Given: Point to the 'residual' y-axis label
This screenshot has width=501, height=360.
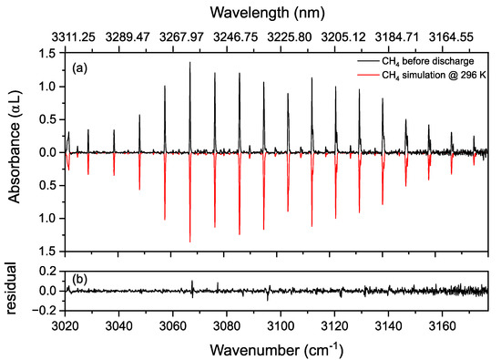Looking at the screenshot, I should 13,291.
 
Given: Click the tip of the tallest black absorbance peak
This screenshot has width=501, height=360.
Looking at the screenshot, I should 190,63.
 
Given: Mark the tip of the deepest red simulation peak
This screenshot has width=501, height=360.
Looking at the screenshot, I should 190,242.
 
